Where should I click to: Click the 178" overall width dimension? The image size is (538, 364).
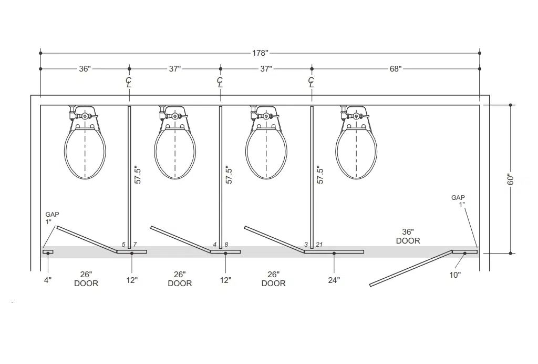pos(260,53)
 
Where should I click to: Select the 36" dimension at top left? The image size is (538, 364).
pos(85,69)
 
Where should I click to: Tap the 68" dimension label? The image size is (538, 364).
pos(395,69)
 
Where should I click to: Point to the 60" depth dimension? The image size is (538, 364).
pos(511,179)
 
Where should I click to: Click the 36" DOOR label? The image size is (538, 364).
pos(408,236)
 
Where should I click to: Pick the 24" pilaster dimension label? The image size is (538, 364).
pos(334,280)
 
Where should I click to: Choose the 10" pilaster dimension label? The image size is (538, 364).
pos(455,275)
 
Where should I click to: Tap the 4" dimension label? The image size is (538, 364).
pos(48,280)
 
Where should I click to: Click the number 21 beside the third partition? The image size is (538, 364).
pos(319,245)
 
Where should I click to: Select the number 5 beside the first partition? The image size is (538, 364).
pos(123,245)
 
